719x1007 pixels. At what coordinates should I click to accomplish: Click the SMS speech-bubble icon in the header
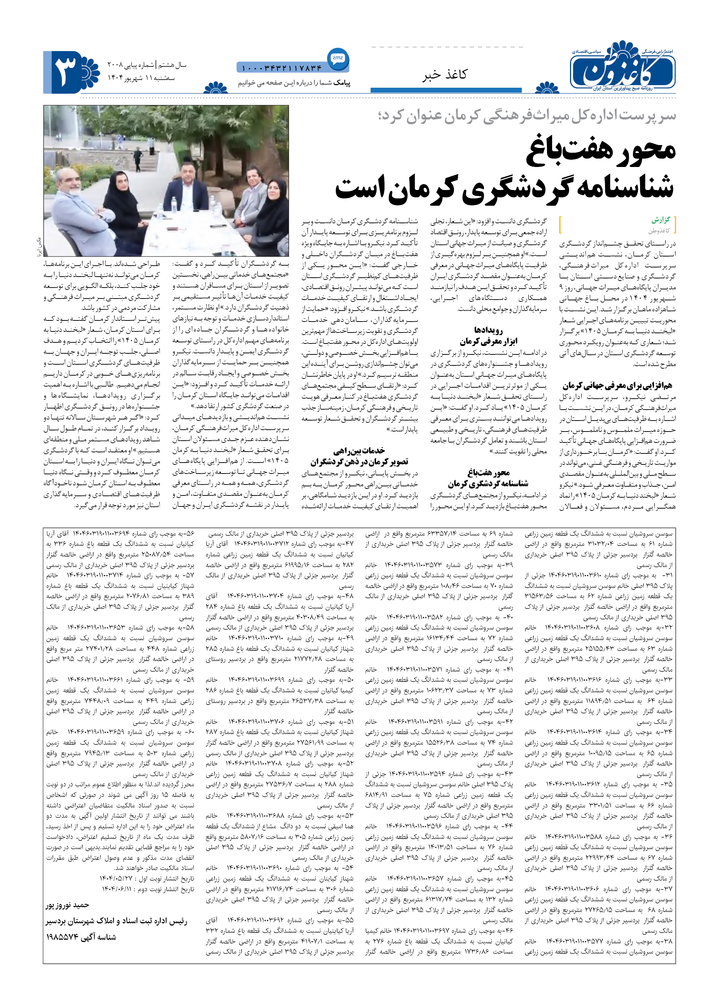(338, 58)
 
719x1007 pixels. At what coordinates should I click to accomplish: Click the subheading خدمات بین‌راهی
(359, 451)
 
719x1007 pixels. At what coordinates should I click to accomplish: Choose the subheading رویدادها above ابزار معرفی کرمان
(488, 330)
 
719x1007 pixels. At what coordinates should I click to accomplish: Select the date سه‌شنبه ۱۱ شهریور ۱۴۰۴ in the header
(141, 78)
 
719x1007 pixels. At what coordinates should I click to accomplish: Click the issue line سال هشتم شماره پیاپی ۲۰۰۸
(147, 65)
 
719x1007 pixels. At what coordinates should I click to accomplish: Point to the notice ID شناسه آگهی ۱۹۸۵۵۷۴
(81, 937)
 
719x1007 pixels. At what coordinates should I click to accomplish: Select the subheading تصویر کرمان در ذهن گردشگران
(359, 461)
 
